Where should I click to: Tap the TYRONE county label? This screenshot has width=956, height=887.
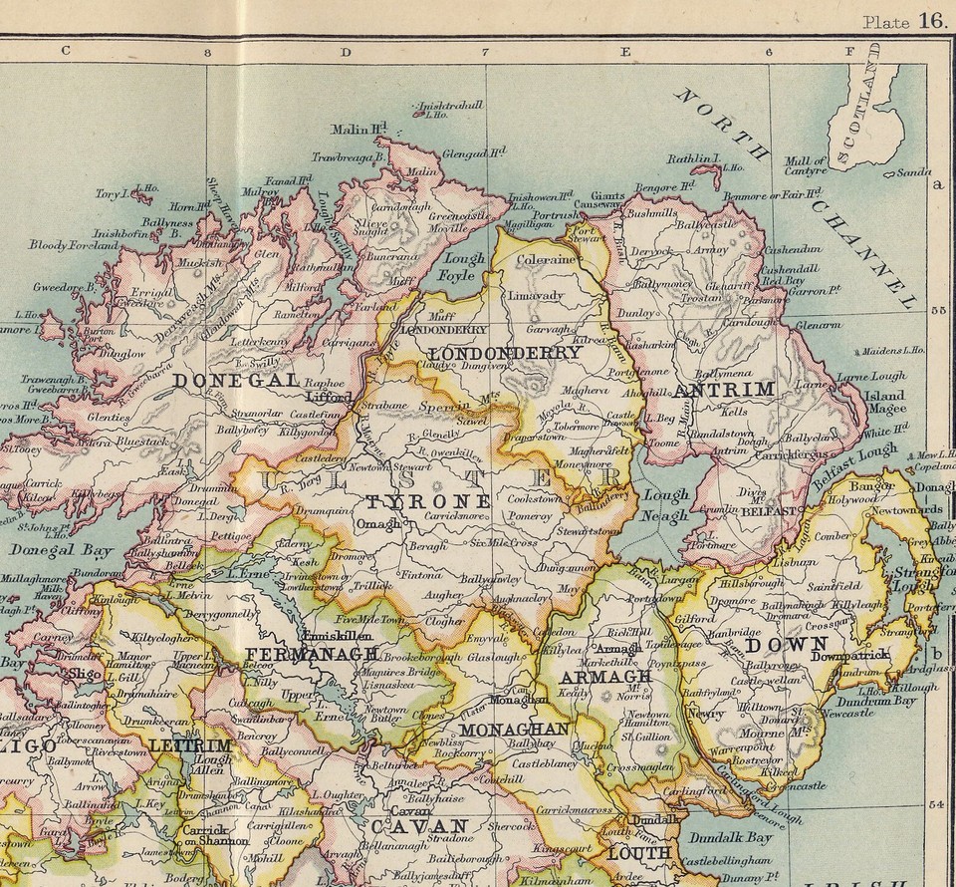tap(428, 500)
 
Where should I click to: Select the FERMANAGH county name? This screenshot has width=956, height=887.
tap(312, 654)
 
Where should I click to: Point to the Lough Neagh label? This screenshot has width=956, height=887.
tap(665, 505)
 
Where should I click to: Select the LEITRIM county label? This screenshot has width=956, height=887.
tap(190, 744)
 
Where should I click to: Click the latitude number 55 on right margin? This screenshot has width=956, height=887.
tap(936, 310)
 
